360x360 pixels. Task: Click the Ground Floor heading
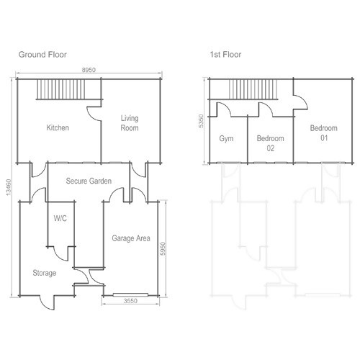pos(42,55)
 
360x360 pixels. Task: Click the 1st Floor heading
pos(225,55)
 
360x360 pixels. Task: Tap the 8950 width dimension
pos(89,70)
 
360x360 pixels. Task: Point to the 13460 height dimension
pos(9,187)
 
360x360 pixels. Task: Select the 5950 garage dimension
pos(163,249)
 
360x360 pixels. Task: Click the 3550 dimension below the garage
pos(130,301)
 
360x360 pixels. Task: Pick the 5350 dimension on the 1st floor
pos(201,121)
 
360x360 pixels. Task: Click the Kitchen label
pos(58,127)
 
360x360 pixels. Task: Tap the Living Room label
pos(130,123)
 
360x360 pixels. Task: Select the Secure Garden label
pos(89,181)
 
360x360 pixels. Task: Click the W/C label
pos(60,218)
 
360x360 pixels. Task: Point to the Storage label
pos(45,273)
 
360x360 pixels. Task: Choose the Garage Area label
pos(131,238)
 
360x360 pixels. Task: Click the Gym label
pos(226,139)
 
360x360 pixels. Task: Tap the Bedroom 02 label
pos(271,143)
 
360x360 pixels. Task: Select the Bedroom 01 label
pos(324,133)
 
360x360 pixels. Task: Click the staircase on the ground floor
pos(61,89)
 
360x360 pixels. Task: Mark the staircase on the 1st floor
pos(253,89)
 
